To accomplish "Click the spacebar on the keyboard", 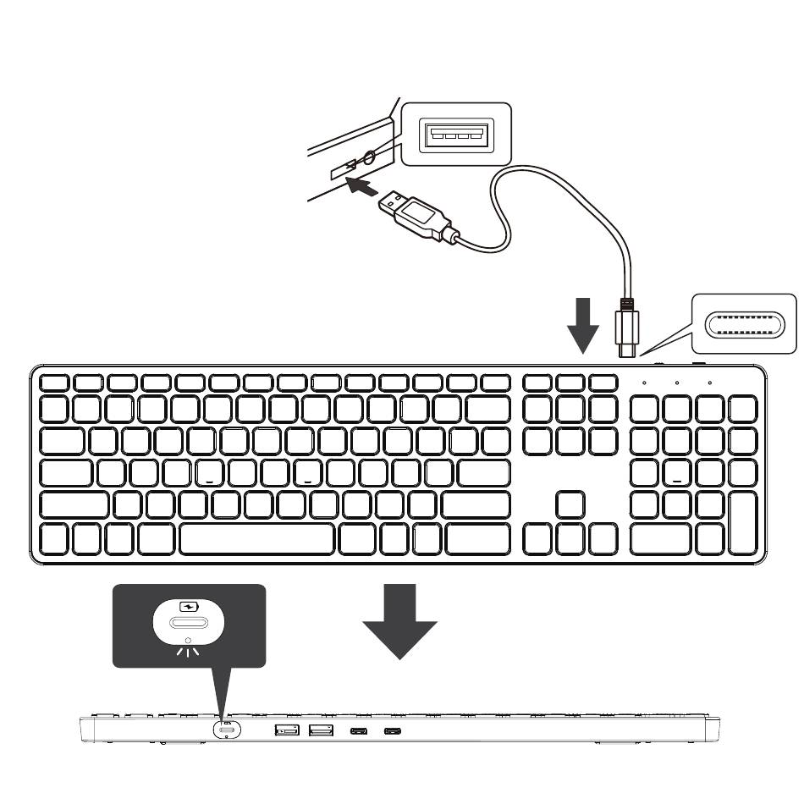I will tap(256, 538).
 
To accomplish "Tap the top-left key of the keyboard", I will tap(55, 382).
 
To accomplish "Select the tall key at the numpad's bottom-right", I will tap(742, 523).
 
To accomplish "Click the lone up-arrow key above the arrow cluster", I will tap(571, 504).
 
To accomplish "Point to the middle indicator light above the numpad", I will tap(677, 383).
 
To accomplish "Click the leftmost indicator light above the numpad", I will tap(644, 383).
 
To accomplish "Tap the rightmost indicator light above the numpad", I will tap(709, 383).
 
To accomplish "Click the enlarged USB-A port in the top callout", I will tap(456, 133).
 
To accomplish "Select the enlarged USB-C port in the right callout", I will tap(745, 323).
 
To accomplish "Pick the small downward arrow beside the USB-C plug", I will tap(582, 325).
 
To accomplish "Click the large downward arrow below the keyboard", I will tap(399, 620).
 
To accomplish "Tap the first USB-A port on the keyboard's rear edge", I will tap(287, 730).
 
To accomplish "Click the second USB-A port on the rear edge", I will tap(320, 730).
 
